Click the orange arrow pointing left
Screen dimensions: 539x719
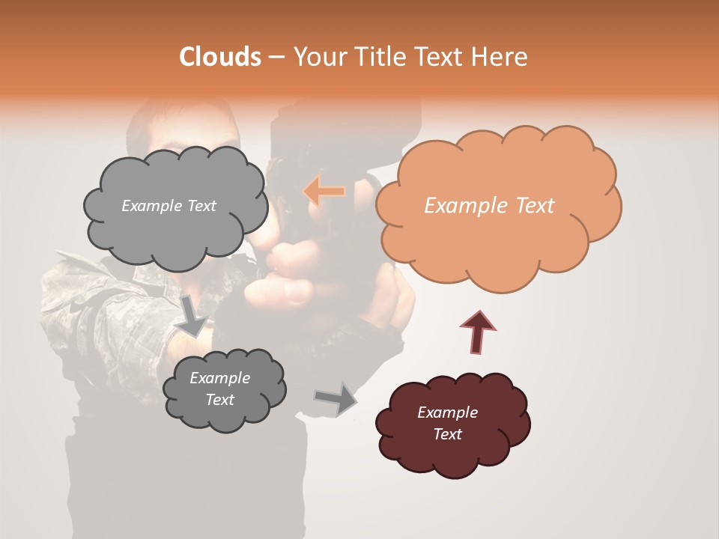pyautogui.click(x=324, y=192)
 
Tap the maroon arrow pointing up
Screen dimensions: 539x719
pyautogui.click(x=478, y=332)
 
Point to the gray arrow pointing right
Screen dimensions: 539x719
pyautogui.click(x=336, y=398)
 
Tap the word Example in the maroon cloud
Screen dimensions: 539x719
pyautogui.click(x=447, y=412)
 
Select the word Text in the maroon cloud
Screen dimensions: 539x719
pyautogui.click(x=447, y=434)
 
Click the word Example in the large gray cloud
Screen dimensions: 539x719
pyautogui.click(x=151, y=206)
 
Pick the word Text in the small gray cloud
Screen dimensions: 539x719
pyautogui.click(x=219, y=400)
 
